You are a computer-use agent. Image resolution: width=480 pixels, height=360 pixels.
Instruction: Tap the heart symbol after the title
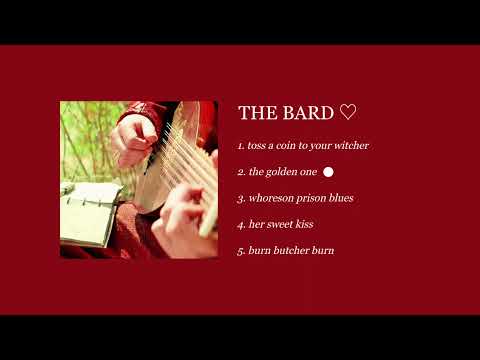tap(347, 112)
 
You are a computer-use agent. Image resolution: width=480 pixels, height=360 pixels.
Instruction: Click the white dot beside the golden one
tap(328, 172)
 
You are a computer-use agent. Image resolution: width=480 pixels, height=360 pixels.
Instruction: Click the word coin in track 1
tap(290, 146)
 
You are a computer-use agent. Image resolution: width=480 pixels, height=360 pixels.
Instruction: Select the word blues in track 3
tap(342, 198)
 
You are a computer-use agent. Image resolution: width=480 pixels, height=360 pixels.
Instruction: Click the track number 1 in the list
tap(240, 146)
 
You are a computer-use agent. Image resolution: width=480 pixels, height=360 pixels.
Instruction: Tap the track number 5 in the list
tap(241, 250)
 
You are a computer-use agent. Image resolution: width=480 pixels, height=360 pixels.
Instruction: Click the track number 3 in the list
tap(241, 198)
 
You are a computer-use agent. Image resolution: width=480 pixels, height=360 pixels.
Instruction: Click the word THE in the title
tap(255, 113)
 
